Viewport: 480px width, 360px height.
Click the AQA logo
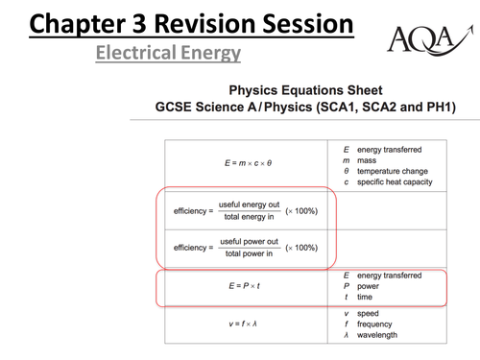click(430, 39)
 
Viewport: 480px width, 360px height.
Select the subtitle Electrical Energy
click(168, 53)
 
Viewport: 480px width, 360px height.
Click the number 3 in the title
click(139, 24)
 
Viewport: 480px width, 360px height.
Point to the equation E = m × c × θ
click(248, 163)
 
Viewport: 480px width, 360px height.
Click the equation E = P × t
click(244, 286)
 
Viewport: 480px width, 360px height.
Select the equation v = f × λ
click(243, 324)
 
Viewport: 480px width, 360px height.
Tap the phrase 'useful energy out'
click(249, 204)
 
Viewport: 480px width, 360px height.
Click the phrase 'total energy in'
click(249, 217)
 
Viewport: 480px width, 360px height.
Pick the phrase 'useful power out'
click(249, 241)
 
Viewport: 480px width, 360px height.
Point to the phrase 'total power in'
click(249, 253)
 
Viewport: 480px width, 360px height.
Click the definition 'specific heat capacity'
click(395, 182)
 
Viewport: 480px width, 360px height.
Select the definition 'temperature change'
click(393, 171)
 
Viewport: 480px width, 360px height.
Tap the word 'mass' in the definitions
click(367, 160)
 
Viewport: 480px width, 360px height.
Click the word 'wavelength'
click(377, 335)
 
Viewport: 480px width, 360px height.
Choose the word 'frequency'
click(374, 324)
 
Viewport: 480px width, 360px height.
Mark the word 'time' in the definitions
click(365, 297)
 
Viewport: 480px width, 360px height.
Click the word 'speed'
click(368, 314)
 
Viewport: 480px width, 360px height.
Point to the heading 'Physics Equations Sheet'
click(305, 90)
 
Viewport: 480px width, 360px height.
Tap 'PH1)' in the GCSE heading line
click(442, 107)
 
